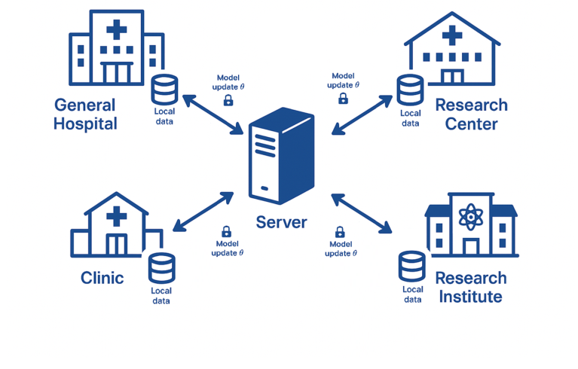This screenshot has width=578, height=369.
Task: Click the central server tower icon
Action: (281, 156)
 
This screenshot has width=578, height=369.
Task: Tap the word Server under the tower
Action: (281, 222)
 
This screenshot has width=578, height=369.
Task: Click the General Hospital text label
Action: (85, 114)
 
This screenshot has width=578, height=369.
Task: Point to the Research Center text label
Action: (471, 114)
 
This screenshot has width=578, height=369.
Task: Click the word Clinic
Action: (102, 278)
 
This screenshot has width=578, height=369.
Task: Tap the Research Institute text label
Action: (470, 287)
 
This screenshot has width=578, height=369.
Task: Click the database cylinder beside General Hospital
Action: (164, 90)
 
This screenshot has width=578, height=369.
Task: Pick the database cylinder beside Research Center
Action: (410, 90)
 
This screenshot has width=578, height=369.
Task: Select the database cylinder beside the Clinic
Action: (161, 268)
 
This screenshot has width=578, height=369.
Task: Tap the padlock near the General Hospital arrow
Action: (228, 99)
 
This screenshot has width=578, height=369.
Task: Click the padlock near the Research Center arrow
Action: (343, 98)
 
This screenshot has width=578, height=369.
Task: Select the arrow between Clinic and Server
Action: (203, 211)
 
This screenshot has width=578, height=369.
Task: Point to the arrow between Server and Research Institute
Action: (362, 213)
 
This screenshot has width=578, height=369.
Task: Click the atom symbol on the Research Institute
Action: (470, 218)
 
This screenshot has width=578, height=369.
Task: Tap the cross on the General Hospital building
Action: (116, 31)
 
